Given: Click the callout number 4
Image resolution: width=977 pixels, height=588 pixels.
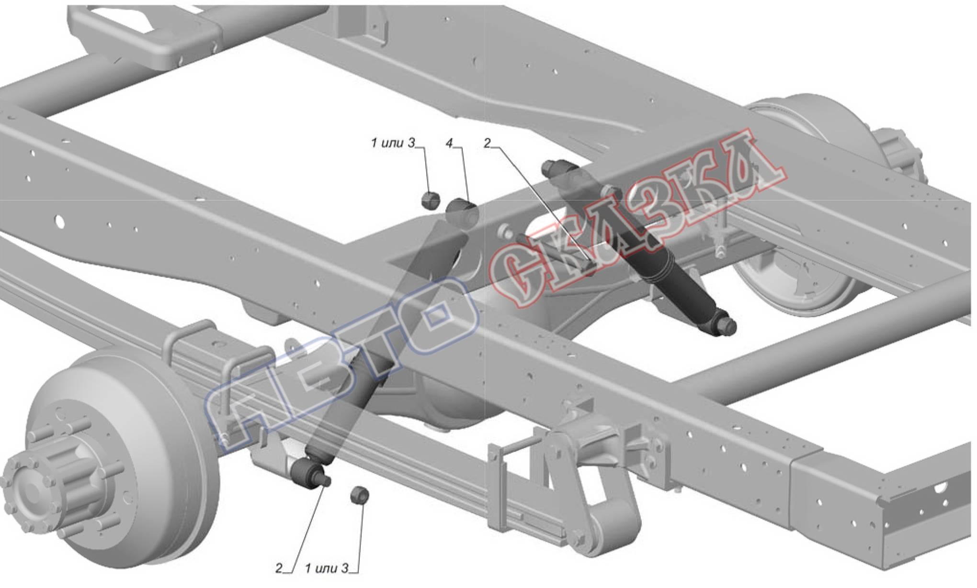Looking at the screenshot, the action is pyautogui.click(x=449, y=144).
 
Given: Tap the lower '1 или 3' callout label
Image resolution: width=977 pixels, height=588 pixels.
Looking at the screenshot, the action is pyautogui.click(x=327, y=568).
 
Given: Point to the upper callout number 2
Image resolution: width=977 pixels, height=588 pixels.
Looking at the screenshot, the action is pyautogui.click(x=488, y=143).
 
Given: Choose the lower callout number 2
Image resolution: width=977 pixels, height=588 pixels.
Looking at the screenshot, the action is pyautogui.click(x=279, y=568).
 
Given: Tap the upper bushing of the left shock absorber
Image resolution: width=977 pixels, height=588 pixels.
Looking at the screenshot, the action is pyautogui.click(x=462, y=212).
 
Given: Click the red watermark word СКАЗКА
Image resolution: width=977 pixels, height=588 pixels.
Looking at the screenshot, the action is pyautogui.click(x=637, y=225).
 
